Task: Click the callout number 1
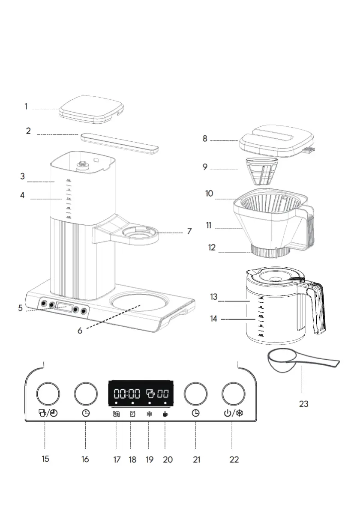[26, 107]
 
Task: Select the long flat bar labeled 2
[119, 143]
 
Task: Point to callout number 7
[189, 231]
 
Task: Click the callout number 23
[303, 403]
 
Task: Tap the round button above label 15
[47, 393]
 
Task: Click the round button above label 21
[195, 393]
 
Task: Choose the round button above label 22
[234, 393]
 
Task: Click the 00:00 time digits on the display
[126, 394]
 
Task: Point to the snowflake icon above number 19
[149, 414]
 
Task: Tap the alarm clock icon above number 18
[132, 414]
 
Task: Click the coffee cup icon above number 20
[165, 414]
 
